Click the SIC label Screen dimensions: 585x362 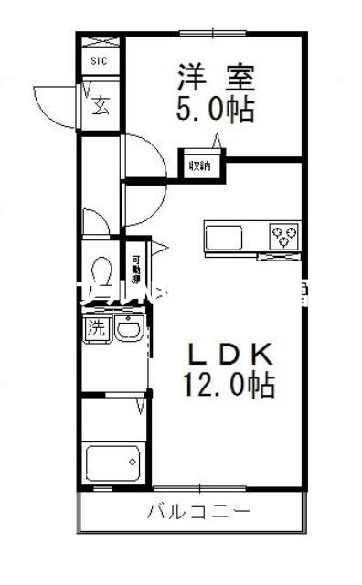pos(98,61)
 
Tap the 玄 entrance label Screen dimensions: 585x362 pos(99,104)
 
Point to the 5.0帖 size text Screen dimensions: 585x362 pos(215,112)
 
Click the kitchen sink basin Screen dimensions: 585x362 pos(222,238)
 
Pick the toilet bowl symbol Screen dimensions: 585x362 pos(101,271)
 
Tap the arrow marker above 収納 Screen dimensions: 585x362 pos(217,140)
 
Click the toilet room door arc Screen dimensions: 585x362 pos(94,221)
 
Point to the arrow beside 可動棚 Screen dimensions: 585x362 pos(156,246)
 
